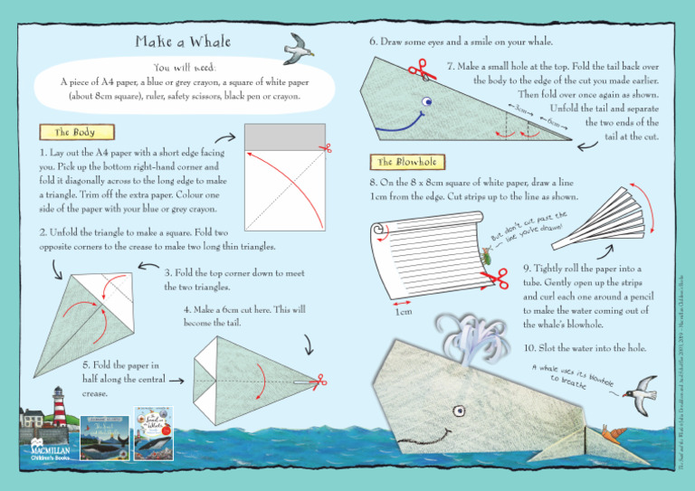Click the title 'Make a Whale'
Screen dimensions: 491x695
point(183,42)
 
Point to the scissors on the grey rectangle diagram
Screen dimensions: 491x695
point(326,147)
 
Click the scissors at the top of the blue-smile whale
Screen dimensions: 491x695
point(417,70)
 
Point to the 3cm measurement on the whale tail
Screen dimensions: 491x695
point(520,109)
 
